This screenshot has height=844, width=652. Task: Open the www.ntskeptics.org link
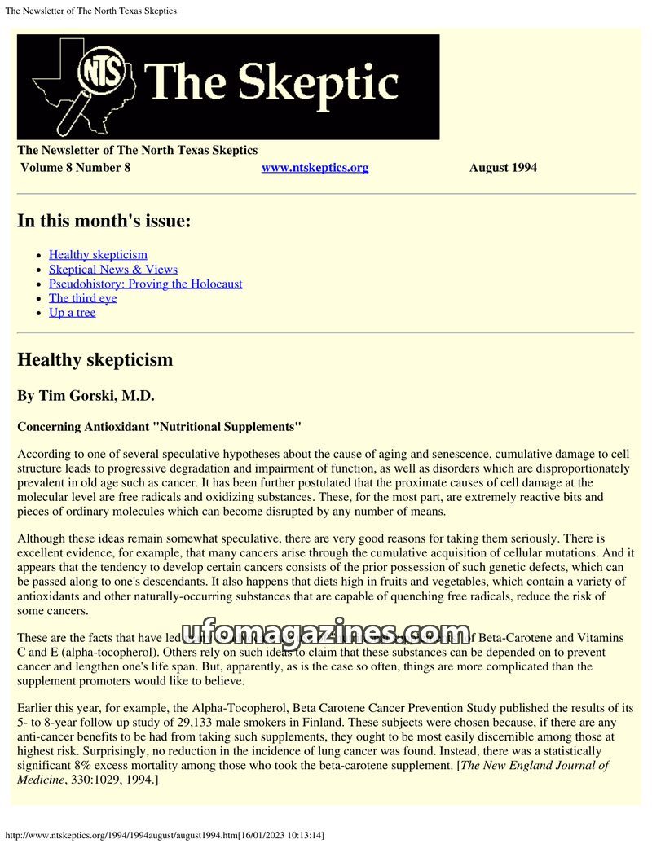point(315,168)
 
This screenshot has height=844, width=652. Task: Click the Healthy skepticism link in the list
point(98,255)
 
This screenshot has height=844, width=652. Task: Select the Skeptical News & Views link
point(112,270)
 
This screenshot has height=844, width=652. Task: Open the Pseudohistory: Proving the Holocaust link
point(145,284)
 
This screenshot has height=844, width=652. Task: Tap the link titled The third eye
point(82,298)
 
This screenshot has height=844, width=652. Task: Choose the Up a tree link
point(72,313)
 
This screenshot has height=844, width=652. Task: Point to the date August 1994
point(503,168)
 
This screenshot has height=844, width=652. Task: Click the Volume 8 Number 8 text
point(75,168)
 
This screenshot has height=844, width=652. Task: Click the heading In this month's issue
point(104,221)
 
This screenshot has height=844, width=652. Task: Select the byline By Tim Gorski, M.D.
point(86,396)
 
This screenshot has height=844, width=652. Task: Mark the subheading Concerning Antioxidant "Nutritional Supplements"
point(160,427)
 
